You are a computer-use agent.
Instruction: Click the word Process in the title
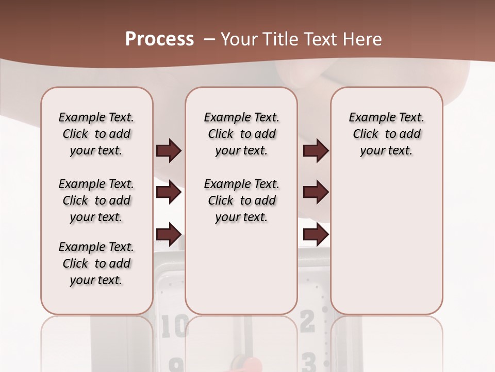point(159,39)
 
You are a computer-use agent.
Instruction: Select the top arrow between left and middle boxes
point(169,151)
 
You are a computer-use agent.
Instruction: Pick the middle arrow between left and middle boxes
point(169,193)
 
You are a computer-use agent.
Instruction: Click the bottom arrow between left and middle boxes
point(169,235)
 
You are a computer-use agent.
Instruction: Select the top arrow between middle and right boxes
point(316,151)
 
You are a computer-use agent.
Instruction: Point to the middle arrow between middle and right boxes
point(316,193)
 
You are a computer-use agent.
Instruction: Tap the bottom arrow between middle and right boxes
point(316,235)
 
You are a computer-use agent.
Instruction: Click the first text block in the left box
point(96,134)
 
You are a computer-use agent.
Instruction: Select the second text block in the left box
point(96,200)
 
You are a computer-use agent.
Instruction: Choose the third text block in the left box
point(96,263)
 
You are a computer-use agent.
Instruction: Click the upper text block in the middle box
point(241,134)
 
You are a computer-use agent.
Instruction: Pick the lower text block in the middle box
point(241,200)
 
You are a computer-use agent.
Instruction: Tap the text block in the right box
point(386,134)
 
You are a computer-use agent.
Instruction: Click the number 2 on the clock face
point(307,322)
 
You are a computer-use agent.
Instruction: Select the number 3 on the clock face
point(308,362)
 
